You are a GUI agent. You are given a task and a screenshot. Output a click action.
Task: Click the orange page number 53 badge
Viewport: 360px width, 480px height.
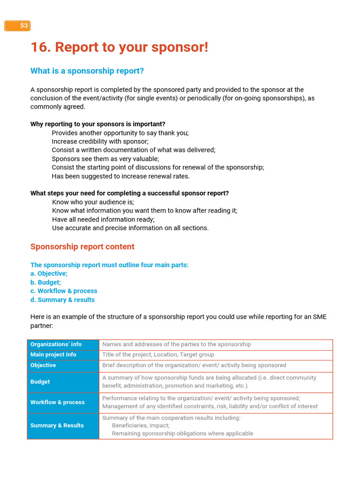[18, 26]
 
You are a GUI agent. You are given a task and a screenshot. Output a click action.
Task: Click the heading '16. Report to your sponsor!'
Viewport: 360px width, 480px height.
[119, 47]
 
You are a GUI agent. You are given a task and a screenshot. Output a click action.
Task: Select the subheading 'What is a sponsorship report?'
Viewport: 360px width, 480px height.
[87, 71]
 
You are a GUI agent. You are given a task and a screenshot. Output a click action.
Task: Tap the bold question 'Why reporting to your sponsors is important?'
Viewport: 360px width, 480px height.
[97, 124]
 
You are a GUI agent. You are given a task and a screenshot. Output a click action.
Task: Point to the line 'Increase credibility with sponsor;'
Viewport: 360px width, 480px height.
[100, 142]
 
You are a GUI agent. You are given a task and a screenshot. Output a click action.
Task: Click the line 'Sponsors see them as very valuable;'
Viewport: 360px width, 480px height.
[105, 159]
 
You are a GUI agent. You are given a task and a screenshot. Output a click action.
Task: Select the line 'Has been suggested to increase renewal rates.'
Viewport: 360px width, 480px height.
[120, 176]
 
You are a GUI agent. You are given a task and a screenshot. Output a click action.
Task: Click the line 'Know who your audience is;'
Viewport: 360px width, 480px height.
[93, 202]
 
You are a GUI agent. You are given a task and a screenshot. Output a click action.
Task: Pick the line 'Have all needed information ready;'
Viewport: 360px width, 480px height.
[103, 219]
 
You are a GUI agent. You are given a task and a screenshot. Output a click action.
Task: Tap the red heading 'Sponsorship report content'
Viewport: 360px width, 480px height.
[82, 247]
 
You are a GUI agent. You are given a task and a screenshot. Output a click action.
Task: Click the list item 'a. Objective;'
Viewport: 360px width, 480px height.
[49, 274]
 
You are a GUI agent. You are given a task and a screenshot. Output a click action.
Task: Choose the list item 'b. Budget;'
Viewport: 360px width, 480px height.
[45, 283]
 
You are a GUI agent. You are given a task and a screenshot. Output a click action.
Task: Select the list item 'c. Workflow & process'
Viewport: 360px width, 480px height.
[64, 291]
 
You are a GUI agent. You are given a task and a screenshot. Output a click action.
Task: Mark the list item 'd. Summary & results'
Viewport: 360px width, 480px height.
[62, 300]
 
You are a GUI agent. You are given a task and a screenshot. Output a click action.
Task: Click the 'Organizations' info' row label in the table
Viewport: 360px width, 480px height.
[56, 345]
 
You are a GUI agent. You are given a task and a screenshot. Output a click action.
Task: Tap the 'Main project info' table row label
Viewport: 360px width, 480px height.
[53, 355]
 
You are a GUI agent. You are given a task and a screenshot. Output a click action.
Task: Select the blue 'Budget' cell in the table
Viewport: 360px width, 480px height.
[40, 382]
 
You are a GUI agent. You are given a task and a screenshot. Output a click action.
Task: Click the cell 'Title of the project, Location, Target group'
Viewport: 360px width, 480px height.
[158, 355]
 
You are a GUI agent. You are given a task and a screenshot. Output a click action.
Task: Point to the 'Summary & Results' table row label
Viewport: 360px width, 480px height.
[57, 426]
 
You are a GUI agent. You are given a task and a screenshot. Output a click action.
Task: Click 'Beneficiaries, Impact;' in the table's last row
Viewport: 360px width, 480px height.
[141, 426]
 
